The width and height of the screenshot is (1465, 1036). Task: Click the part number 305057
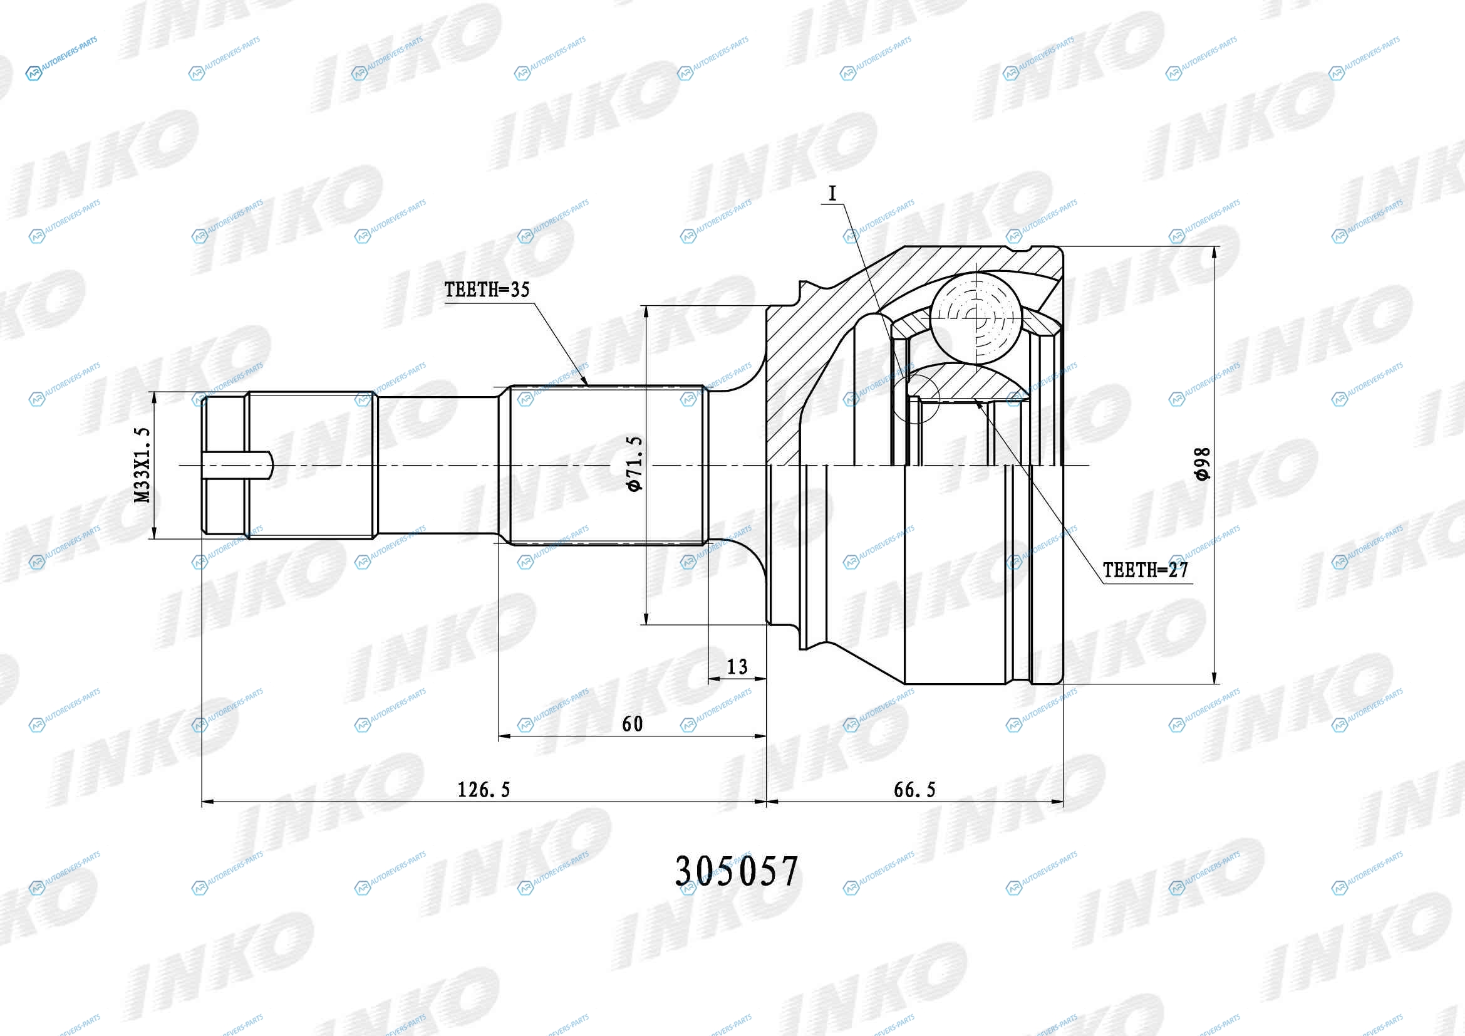(737, 871)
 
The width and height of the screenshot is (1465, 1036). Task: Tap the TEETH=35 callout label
(487, 290)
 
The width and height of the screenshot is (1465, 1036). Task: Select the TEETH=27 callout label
(1146, 570)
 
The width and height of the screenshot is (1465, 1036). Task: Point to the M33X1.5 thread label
(143, 464)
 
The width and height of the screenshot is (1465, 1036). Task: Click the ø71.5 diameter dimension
(634, 464)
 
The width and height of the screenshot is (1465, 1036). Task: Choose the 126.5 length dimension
(484, 790)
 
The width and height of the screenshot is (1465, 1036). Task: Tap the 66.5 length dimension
(914, 790)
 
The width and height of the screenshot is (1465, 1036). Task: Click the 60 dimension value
(633, 724)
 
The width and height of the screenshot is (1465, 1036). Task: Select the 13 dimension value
(737, 667)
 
